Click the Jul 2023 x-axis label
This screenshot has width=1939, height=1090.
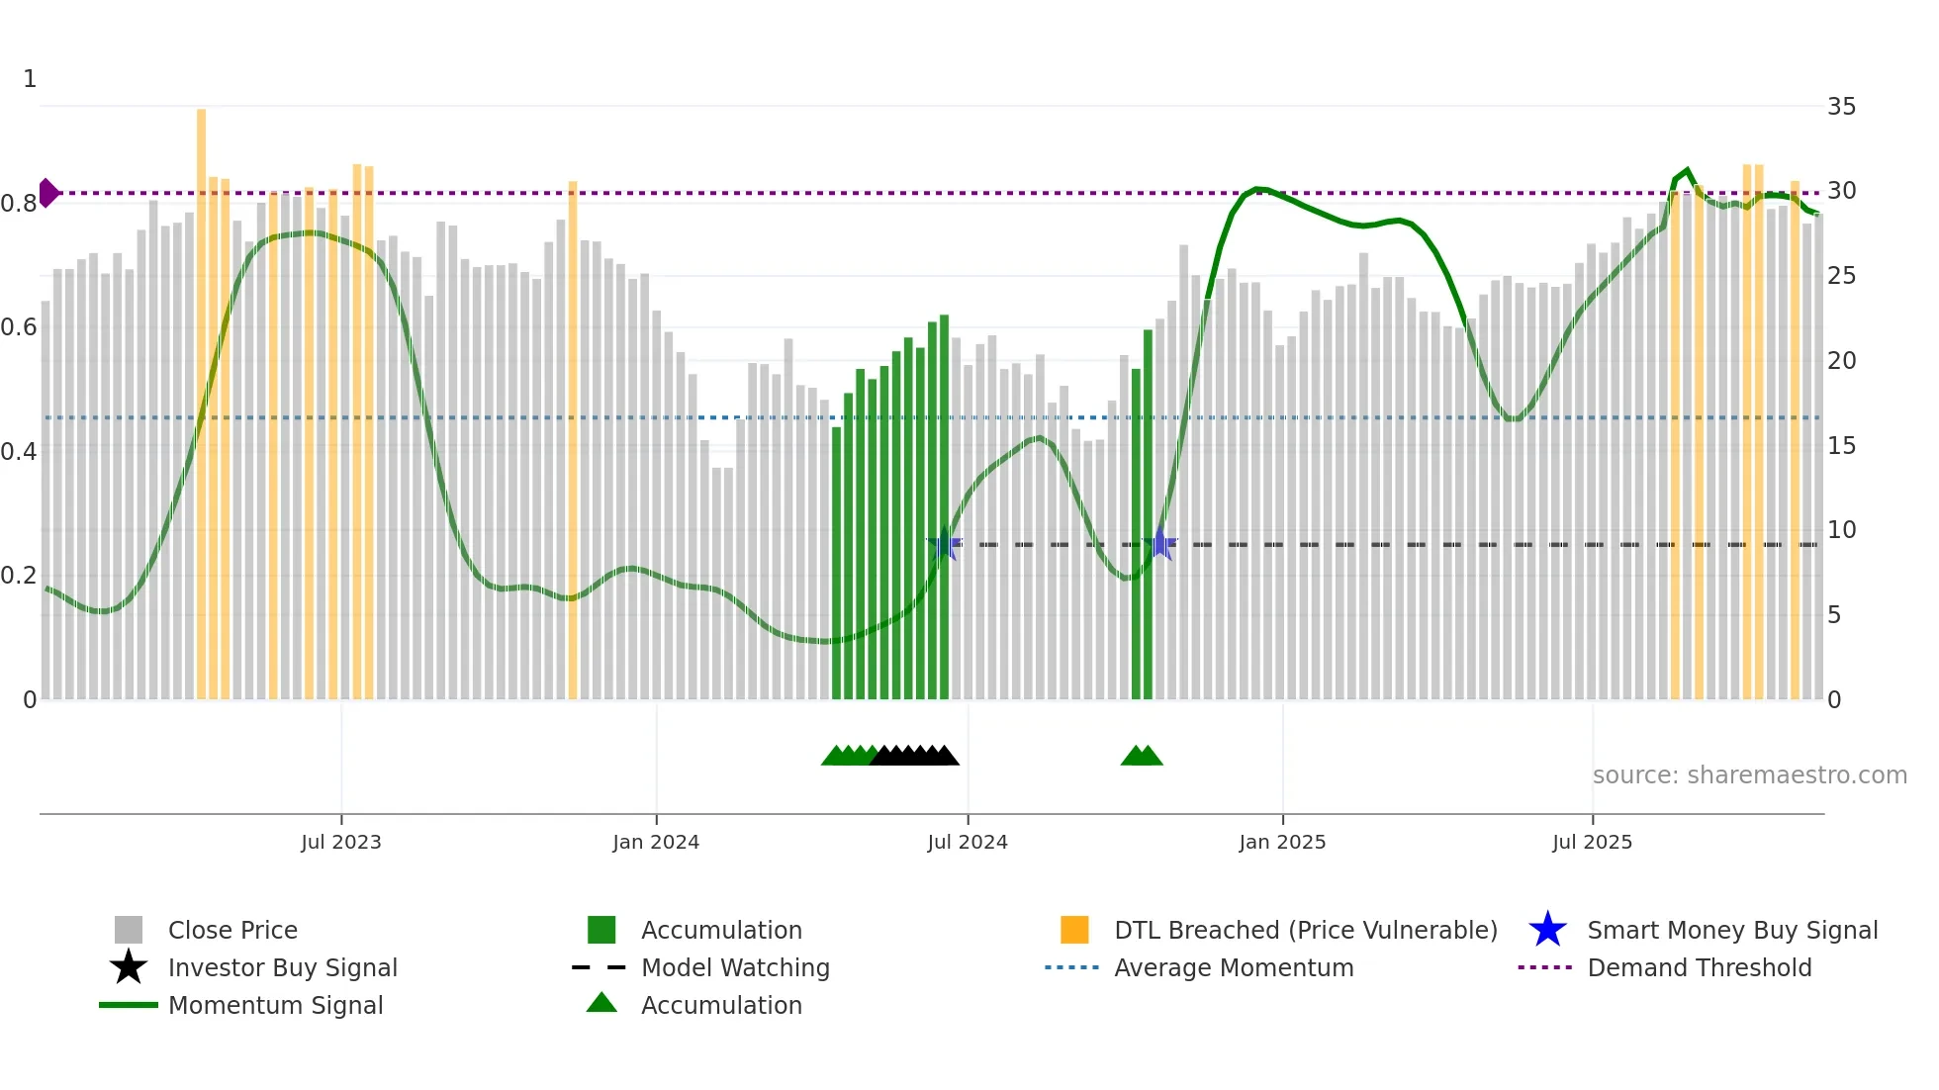coord(341,842)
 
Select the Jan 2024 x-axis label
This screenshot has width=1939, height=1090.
coord(656,842)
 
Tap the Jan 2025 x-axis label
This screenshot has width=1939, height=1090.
coord(1282,842)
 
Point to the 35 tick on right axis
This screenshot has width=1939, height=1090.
coord(1841,106)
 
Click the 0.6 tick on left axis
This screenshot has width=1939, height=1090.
coord(19,327)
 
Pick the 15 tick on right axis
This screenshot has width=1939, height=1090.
coord(1841,446)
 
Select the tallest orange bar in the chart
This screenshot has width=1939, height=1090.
coord(202,396)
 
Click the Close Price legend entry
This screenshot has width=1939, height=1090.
coord(232,930)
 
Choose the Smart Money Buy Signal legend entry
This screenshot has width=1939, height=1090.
coord(1731,930)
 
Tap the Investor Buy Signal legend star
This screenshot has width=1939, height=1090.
coord(129,967)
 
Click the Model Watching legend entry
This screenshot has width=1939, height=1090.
coord(735,967)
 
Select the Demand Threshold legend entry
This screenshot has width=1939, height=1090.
coord(1699,967)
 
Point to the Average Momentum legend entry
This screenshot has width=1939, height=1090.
coord(1233,967)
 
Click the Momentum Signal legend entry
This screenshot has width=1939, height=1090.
coord(275,1005)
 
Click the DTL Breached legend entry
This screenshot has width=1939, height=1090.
coord(1305,930)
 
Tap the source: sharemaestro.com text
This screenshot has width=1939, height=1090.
coord(1749,775)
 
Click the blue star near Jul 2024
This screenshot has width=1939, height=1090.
coord(944,545)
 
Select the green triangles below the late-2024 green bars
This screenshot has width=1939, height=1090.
coord(1142,756)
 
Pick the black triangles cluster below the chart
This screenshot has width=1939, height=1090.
coord(915,756)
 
